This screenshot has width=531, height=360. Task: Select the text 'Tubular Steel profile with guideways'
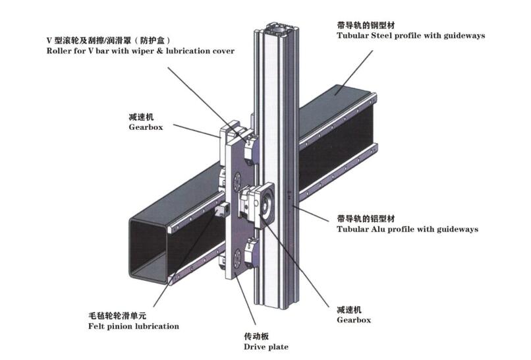point(410,36)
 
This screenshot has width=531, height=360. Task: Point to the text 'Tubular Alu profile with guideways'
point(407,229)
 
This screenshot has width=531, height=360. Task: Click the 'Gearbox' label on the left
point(145,127)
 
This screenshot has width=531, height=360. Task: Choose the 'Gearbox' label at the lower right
point(354,320)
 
